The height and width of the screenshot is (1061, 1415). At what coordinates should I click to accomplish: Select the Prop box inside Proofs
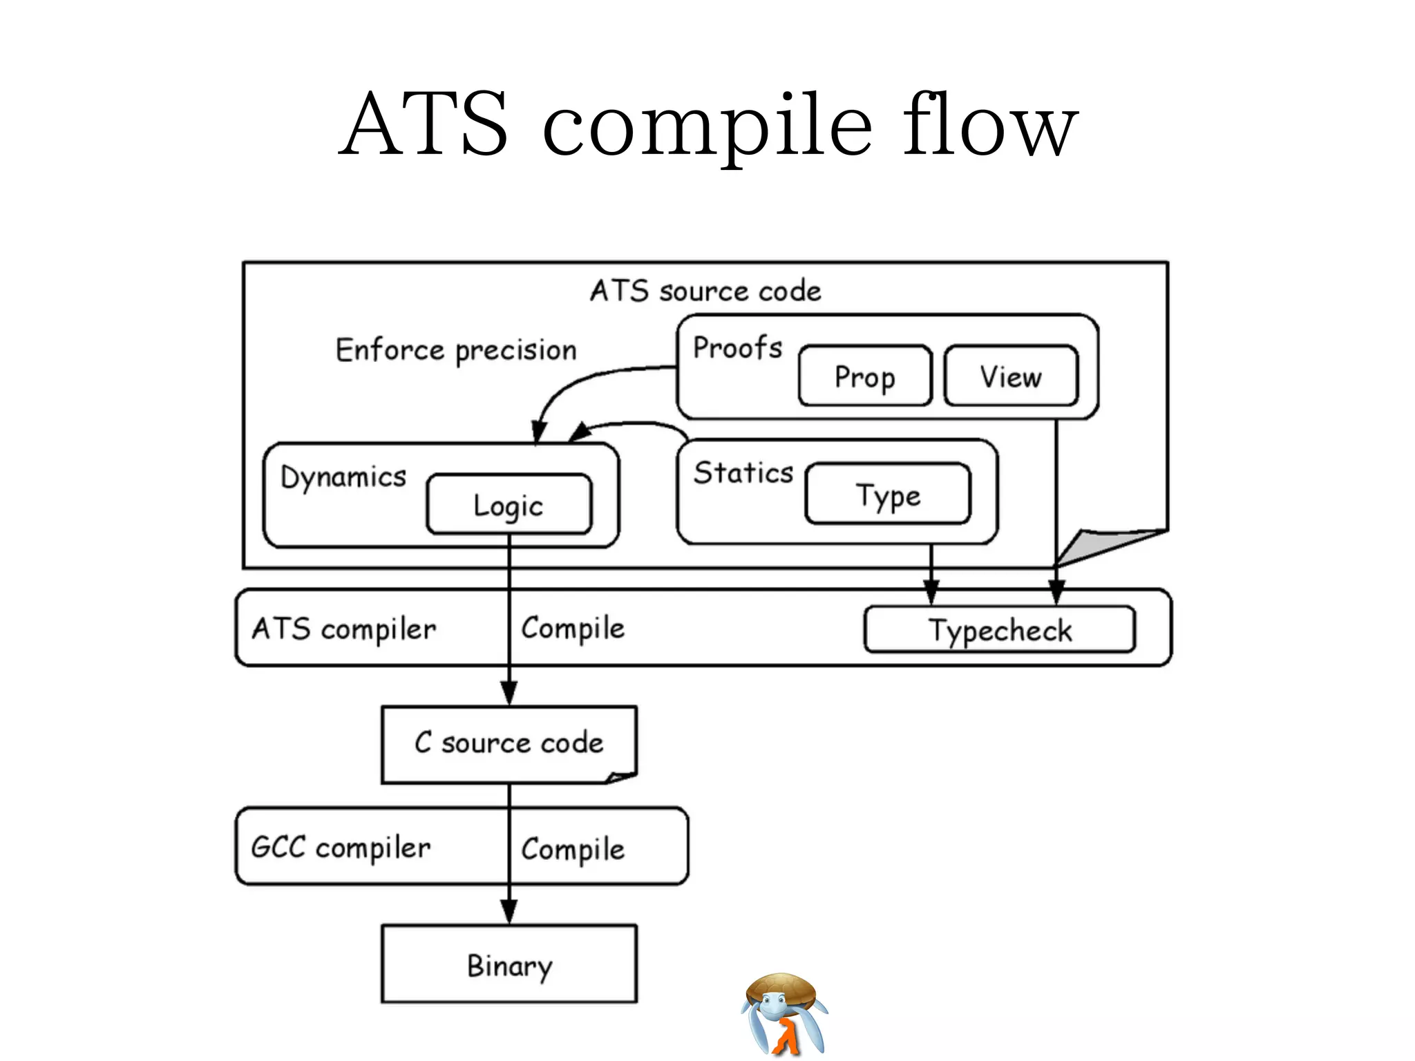tap(864, 376)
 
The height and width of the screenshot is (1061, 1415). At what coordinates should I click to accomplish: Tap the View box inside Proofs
tap(1010, 376)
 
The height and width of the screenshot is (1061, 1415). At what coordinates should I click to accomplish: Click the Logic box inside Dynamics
tap(509, 505)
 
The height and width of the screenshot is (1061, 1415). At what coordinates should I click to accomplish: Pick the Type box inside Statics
tap(888, 495)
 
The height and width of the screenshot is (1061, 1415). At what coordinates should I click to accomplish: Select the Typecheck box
tap(999, 630)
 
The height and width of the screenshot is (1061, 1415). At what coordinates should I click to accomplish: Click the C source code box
tap(509, 743)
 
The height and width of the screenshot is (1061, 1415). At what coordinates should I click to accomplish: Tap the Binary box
tap(509, 964)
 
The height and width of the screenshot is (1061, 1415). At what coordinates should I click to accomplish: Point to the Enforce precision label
tap(456, 350)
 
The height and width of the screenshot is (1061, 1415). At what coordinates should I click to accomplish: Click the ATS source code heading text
tap(705, 291)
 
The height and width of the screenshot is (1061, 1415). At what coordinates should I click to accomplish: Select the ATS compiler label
tap(344, 629)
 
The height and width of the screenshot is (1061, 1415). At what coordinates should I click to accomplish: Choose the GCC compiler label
tap(341, 848)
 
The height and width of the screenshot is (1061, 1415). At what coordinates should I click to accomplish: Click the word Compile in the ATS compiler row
tap(573, 629)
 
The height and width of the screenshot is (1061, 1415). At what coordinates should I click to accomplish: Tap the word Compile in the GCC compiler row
tap(573, 849)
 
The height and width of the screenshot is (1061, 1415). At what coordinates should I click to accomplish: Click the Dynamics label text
tap(343, 477)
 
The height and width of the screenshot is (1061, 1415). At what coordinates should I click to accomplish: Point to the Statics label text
tap(743, 473)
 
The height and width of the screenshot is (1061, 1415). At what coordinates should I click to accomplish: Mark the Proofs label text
tap(737, 347)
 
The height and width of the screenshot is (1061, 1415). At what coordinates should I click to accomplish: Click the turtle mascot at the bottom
tap(784, 1013)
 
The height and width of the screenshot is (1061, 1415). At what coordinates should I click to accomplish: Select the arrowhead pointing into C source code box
tap(509, 693)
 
